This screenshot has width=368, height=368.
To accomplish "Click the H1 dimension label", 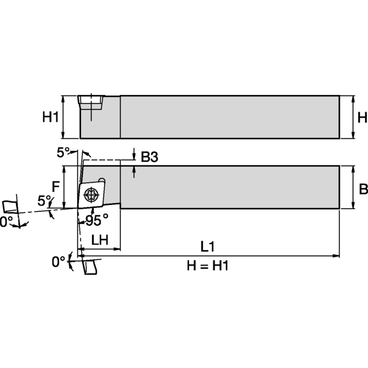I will point(52,117).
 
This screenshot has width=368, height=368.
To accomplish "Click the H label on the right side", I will point(362,117).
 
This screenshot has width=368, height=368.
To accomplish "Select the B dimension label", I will point(362,188).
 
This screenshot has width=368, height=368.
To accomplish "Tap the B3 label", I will point(149,158).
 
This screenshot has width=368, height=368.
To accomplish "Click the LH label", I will point(99,240).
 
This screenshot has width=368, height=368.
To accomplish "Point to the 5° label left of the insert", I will point(44,201).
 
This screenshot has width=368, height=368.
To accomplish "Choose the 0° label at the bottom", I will point(58,262).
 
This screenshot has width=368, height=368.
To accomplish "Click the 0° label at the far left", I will point(6,221).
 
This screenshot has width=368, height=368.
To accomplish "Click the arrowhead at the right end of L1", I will point(336,253).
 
